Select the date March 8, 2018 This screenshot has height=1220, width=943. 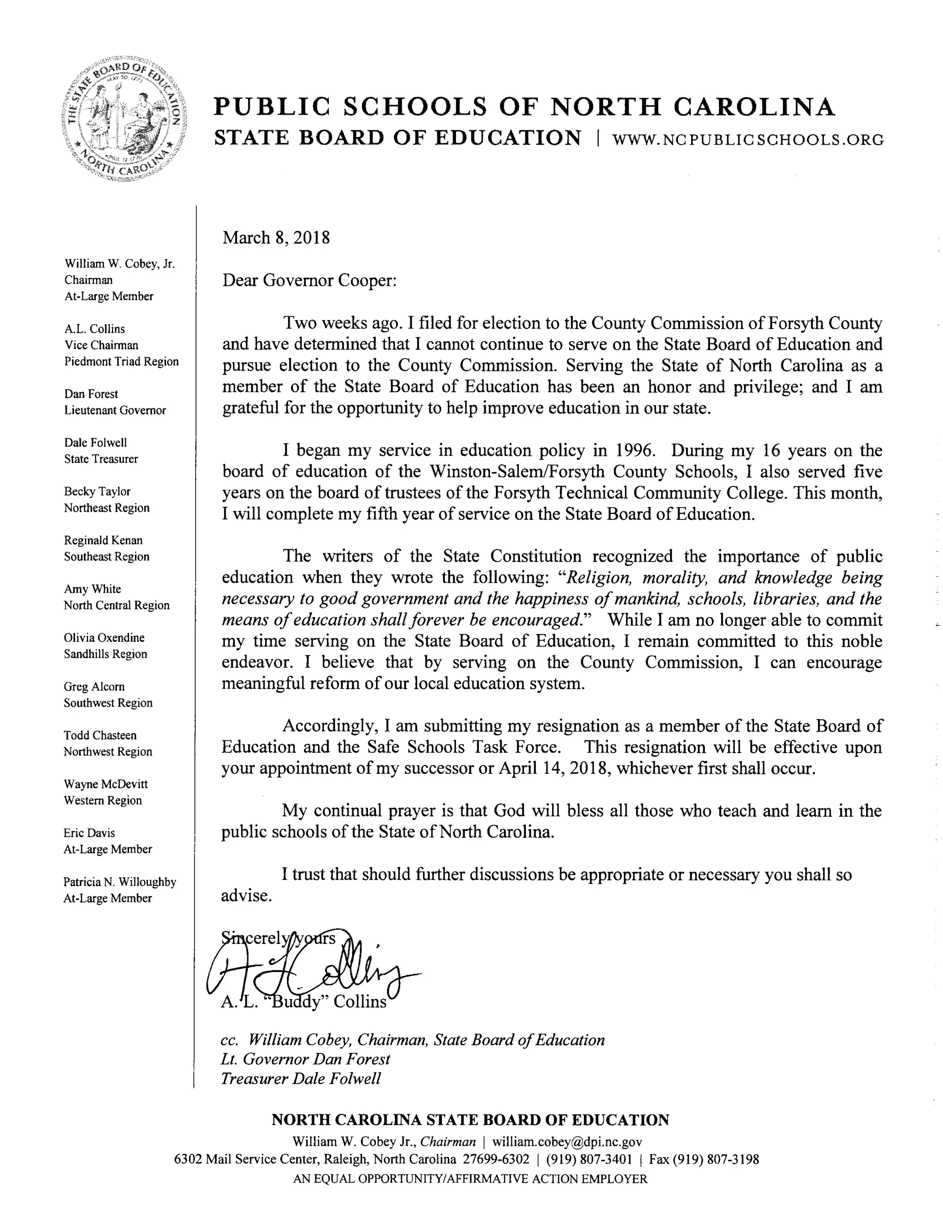(x=276, y=238)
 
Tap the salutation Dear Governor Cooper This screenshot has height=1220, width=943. (x=309, y=280)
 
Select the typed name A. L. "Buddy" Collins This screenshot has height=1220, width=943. (x=303, y=1002)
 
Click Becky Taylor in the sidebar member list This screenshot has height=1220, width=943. (x=97, y=492)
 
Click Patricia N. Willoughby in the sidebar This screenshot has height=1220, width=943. (x=120, y=882)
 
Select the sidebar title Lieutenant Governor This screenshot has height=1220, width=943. (x=115, y=410)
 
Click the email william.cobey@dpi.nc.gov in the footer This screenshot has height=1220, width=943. (x=567, y=1142)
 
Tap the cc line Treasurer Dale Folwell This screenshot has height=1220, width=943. (x=301, y=1078)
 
